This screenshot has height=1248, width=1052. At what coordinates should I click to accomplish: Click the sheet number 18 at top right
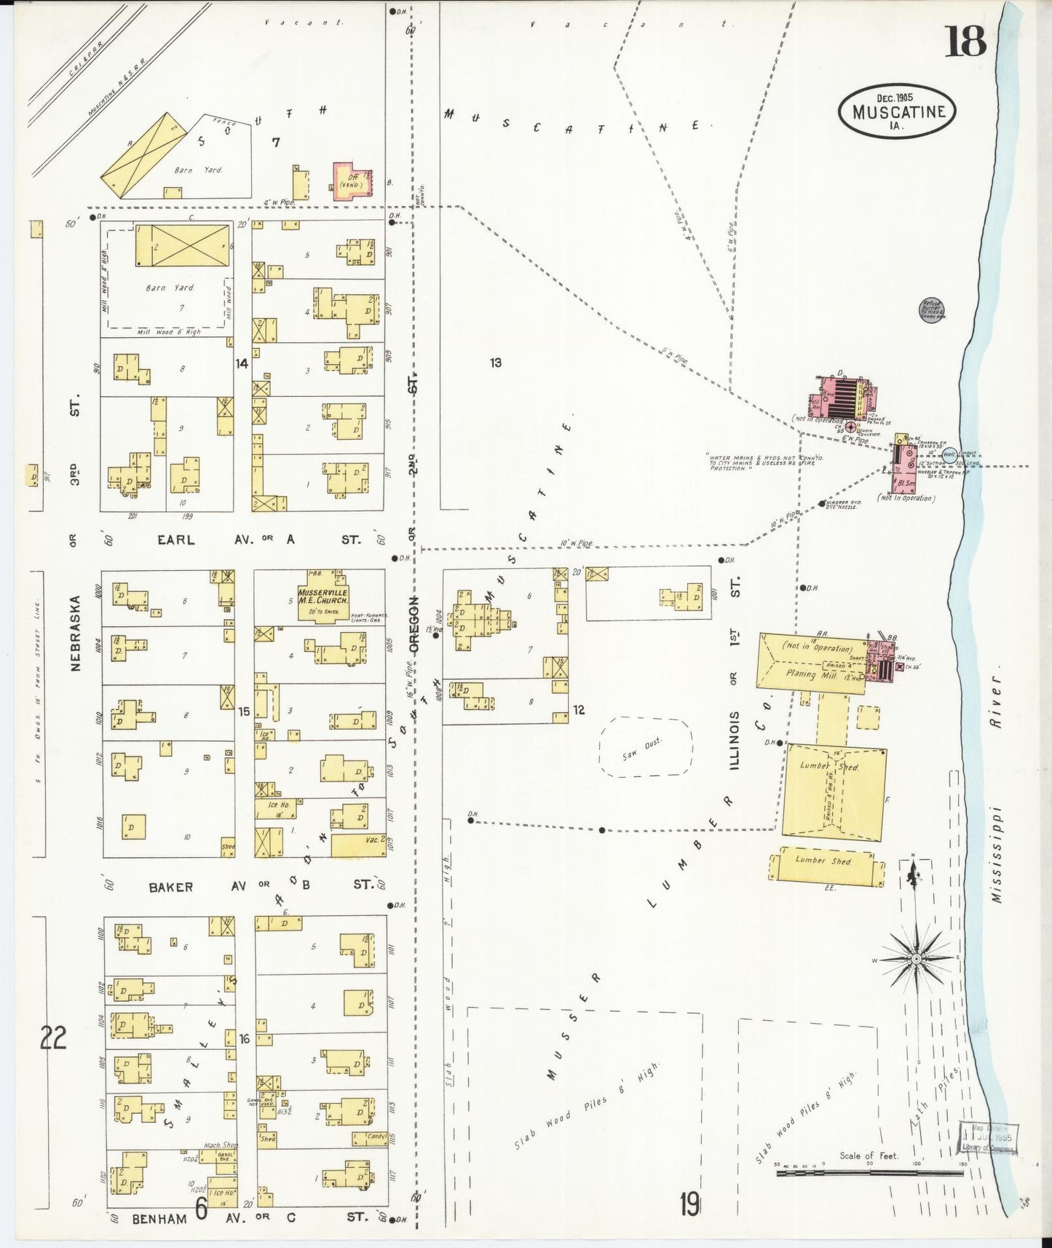coord(966,41)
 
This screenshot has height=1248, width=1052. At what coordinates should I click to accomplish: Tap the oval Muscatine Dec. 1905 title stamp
coord(897,110)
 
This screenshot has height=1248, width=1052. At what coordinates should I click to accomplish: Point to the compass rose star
coord(916,959)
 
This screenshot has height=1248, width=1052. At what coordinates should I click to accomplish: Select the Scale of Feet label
coord(869,1156)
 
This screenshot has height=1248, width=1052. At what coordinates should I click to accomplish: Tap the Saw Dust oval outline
coord(645,747)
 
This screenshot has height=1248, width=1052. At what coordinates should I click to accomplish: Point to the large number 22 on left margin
coord(53,1038)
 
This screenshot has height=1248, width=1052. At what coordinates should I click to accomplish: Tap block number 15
coord(244,711)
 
